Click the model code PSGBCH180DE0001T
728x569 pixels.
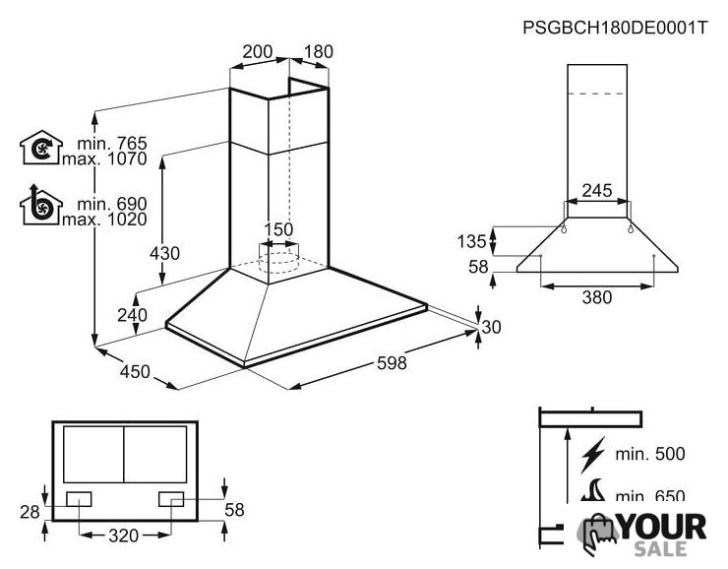(615, 28)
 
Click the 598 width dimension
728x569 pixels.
(392, 363)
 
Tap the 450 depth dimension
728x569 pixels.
(135, 371)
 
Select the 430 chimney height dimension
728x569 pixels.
(164, 253)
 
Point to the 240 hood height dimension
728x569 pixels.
(133, 315)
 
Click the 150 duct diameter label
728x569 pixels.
(278, 229)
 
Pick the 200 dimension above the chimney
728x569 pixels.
(258, 51)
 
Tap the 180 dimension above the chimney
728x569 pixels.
(319, 51)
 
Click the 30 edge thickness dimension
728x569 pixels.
(491, 327)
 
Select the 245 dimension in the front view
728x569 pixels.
(597, 190)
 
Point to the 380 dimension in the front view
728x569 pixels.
(597, 297)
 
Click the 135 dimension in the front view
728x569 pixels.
(471, 241)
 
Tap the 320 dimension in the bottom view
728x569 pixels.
(124, 536)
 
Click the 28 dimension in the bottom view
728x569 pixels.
(30, 512)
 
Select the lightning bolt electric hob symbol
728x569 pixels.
(593, 455)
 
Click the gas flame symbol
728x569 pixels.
(593, 490)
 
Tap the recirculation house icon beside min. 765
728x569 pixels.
(41, 148)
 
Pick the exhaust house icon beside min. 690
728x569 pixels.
(41, 206)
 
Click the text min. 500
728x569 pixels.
(650, 454)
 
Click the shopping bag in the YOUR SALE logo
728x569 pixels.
(598, 534)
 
